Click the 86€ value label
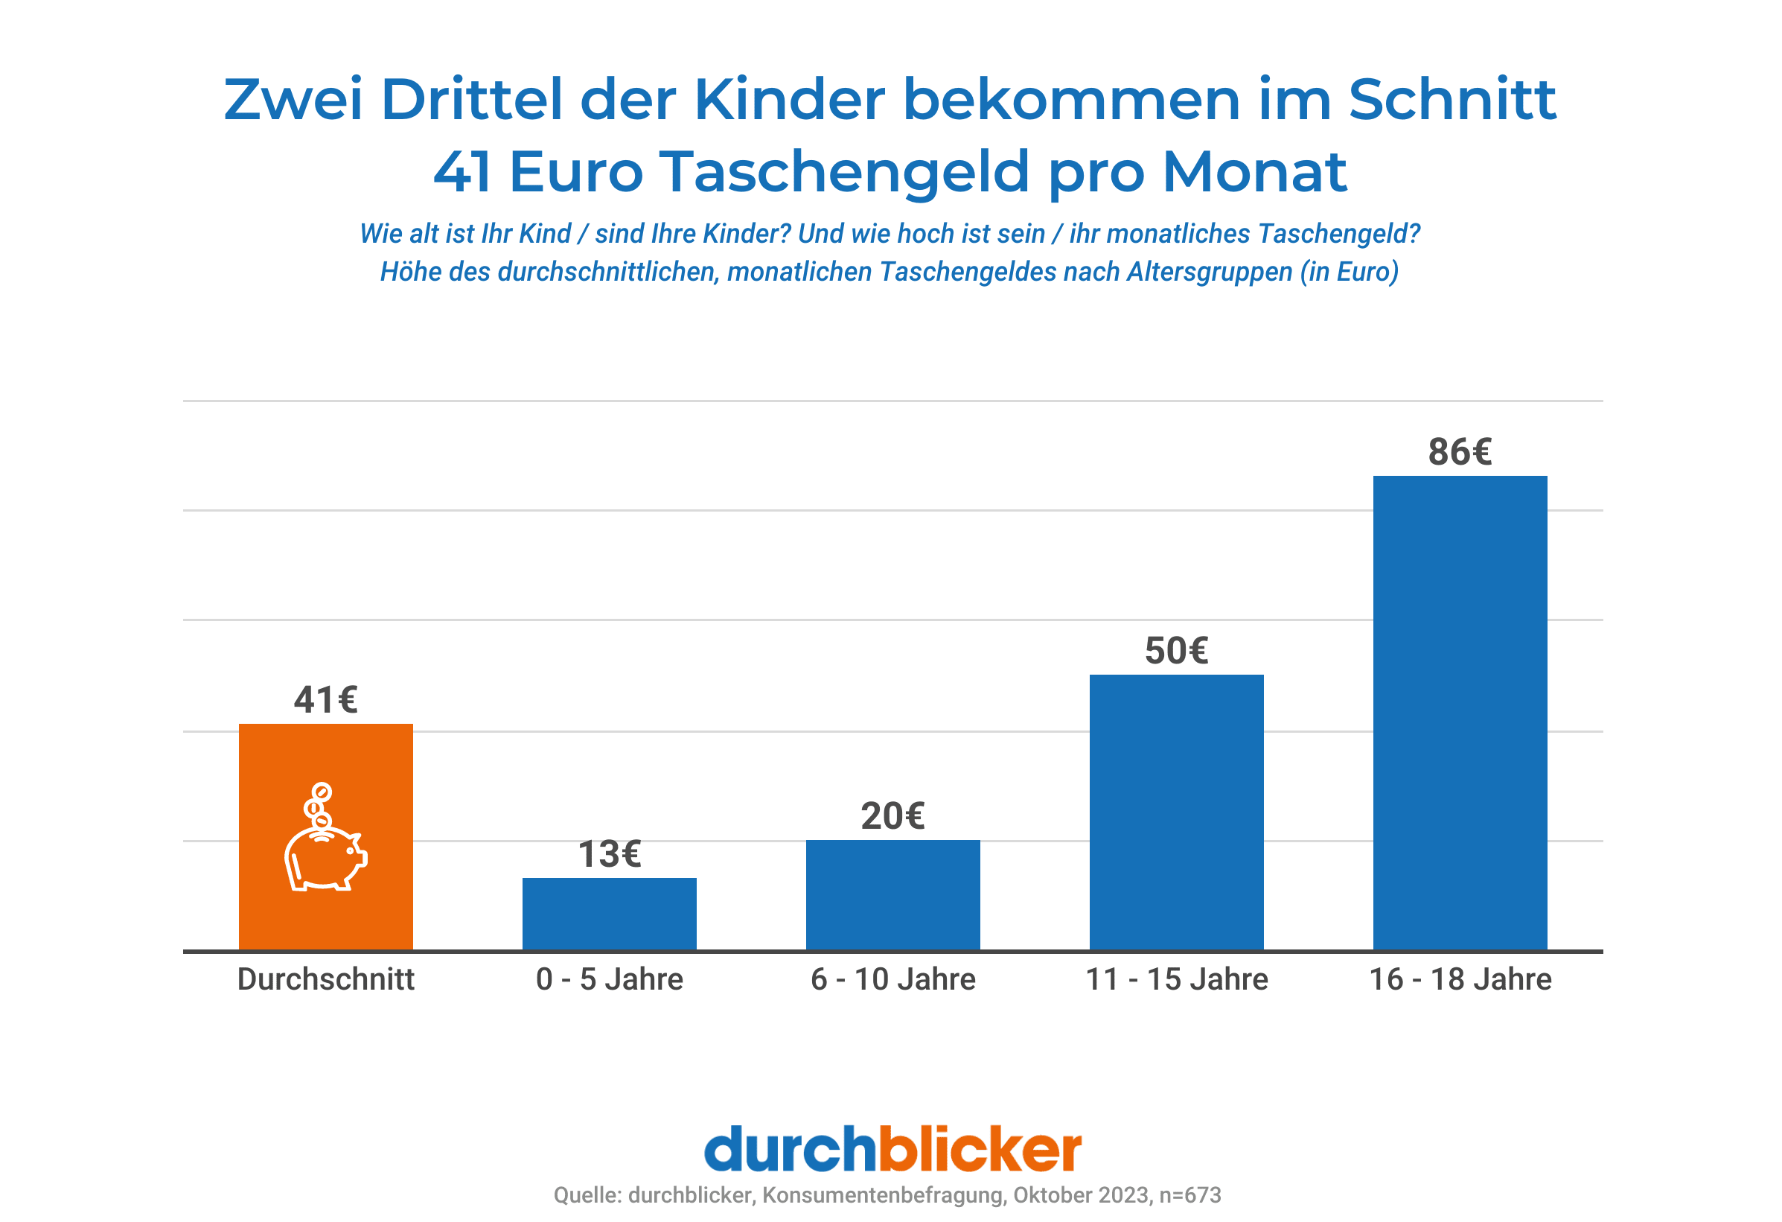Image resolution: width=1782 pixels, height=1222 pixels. tap(1459, 452)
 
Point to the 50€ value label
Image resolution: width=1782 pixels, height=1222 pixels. tap(1175, 651)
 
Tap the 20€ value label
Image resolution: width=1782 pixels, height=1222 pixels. tap(892, 815)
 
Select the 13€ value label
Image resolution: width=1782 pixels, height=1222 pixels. tap(609, 854)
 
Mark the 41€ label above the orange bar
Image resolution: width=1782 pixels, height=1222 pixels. tap(325, 699)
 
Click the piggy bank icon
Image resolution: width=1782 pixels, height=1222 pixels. tap(325, 858)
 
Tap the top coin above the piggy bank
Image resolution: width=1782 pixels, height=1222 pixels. tap(322, 791)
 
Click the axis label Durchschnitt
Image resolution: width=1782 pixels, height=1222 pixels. tap(325, 978)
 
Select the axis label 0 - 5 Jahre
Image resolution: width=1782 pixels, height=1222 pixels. tap(609, 978)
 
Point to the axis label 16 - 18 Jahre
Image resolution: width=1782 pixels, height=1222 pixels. tap(1459, 978)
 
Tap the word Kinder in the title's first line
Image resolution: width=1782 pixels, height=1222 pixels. tap(789, 100)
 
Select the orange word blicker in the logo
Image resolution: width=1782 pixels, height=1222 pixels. tap(979, 1148)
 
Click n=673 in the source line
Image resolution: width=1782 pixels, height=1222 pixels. tap(1189, 1194)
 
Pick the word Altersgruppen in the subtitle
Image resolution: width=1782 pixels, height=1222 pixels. tap(1209, 272)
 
